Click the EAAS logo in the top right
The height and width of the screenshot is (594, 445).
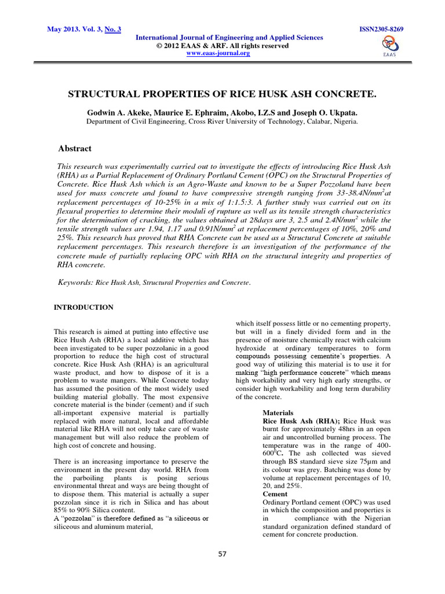click(x=389, y=45)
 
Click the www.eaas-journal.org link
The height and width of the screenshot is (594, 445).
click(x=217, y=53)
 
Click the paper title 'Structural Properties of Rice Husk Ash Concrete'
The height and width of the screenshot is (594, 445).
click(x=222, y=93)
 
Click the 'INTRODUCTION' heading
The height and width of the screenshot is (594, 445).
click(x=83, y=307)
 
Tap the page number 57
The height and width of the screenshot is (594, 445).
click(x=222, y=554)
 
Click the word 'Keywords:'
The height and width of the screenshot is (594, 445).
click(x=76, y=282)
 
